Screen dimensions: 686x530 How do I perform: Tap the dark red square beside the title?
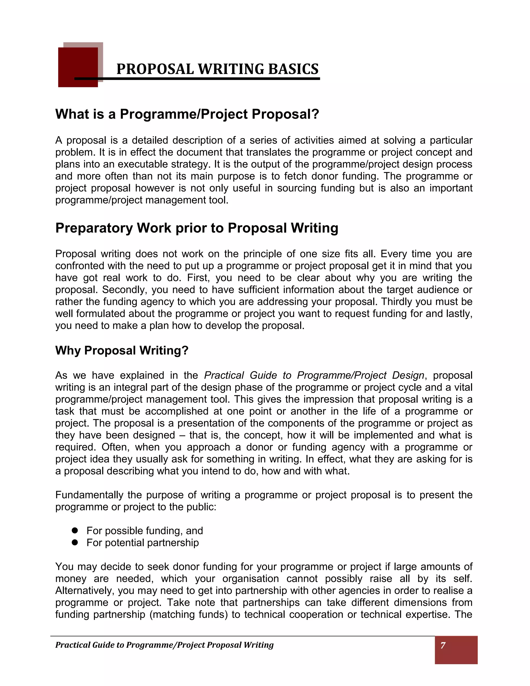(x=78, y=67)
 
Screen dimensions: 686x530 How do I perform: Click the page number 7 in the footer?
(x=443, y=645)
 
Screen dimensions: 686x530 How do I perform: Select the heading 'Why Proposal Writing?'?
(x=122, y=351)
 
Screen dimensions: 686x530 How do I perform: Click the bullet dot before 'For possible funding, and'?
(x=75, y=530)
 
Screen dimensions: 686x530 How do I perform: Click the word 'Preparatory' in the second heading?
(x=94, y=228)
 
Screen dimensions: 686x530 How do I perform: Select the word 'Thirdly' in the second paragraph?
(x=397, y=302)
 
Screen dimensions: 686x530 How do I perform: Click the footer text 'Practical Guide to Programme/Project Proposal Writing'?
(x=164, y=645)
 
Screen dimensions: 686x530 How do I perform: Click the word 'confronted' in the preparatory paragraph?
(x=80, y=266)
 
